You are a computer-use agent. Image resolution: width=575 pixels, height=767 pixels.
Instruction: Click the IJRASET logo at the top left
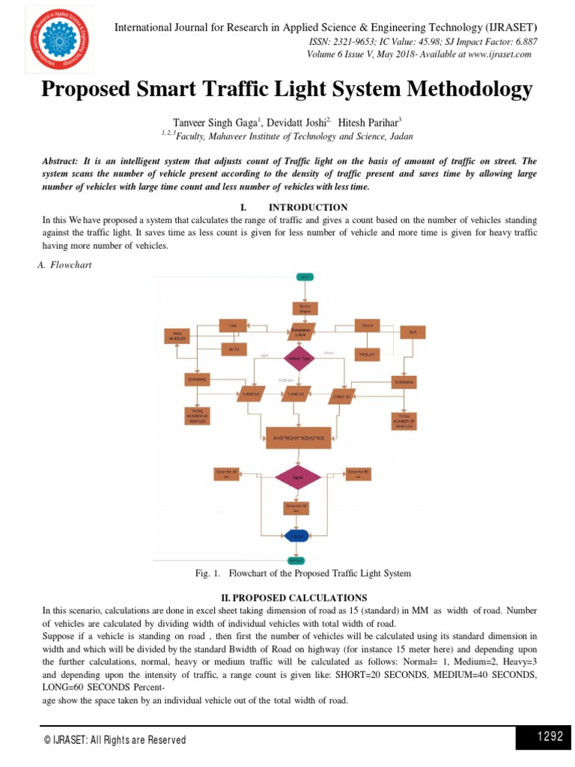tap(61, 40)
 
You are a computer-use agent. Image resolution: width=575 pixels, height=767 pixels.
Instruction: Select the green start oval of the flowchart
tap(305, 277)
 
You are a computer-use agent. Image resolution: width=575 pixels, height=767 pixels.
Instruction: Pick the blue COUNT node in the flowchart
tap(298, 536)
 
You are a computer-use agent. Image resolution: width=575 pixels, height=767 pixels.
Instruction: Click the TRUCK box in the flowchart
tap(368, 326)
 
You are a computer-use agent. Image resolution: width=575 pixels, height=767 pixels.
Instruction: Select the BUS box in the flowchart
tap(412, 332)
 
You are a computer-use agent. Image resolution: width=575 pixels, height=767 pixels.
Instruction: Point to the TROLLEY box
tap(368, 351)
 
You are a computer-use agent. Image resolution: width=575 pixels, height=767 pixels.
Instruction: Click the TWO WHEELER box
tap(177, 336)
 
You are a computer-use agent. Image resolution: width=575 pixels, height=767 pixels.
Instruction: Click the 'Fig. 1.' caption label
tap(207, 573)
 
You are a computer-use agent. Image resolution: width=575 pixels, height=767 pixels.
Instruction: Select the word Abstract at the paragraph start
tap(62, 161)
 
